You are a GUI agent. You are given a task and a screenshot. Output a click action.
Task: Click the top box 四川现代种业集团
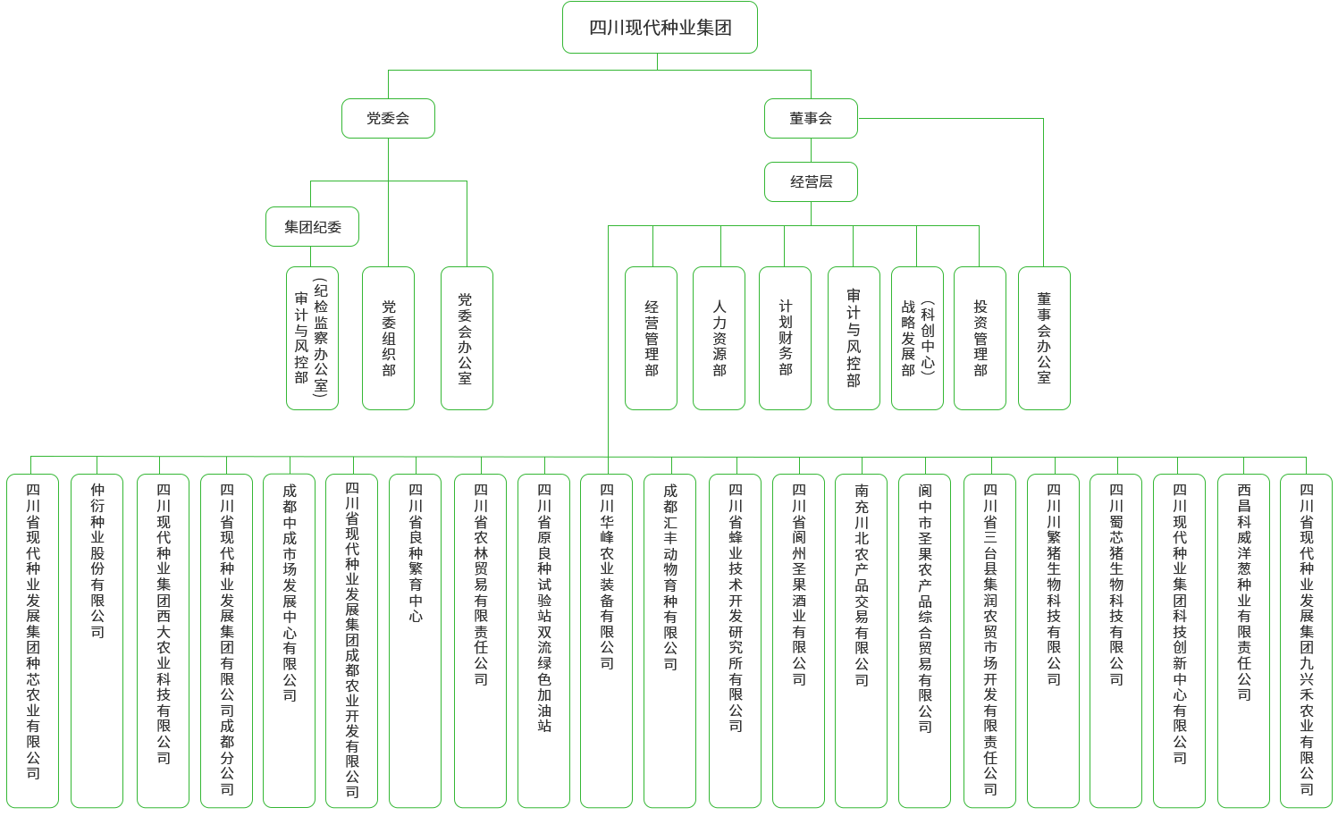coord(660,28)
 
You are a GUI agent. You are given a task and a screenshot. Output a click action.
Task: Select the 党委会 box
coord(388,118)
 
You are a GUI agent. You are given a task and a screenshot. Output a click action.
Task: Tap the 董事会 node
coord(811,118)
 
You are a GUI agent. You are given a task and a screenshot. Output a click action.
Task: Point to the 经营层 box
coord(811,182)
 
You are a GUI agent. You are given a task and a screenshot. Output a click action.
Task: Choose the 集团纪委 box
coord(312,227)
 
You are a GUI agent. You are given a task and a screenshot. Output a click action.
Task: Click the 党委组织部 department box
coord(388,338)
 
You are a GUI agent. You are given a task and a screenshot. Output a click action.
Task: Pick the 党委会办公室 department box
coord(466,338)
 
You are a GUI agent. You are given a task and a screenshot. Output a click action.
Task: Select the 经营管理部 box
coord(651,338)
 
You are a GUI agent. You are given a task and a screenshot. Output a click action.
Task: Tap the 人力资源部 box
coord(719,338)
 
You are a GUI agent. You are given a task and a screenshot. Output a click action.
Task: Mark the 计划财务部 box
coord(784,338)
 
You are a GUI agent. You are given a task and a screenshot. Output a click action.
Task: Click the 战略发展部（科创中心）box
coord(917,338)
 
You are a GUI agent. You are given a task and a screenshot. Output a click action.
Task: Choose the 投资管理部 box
coord(980,338)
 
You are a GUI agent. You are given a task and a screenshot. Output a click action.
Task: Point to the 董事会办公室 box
coord(1044,338)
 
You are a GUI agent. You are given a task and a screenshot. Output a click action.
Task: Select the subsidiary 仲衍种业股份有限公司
coord(97,640)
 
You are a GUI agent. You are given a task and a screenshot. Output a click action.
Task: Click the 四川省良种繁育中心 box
coord(415,640)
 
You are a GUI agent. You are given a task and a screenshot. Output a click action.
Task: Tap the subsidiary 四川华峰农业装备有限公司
coord(606,640)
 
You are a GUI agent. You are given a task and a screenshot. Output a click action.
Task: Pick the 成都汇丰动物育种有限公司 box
coord(669,640)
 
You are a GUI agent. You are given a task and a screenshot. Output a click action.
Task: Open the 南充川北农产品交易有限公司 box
coord(861,640)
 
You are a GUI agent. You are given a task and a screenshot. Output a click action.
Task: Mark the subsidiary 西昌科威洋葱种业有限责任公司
coord(1243,640)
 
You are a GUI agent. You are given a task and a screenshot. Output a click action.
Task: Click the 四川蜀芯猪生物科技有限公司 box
coord(1115,640)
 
